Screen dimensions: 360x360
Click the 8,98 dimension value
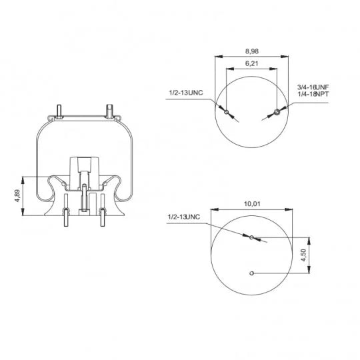click(252, 51)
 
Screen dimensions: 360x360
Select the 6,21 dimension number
click(251, 63)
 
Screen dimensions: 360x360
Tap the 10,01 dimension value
click(252, 204)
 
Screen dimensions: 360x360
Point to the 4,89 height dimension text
click(17, 195)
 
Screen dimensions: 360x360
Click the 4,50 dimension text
click(303, 255)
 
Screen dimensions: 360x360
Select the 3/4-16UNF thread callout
click(313, 87)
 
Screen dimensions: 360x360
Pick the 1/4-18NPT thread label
click(313, 94)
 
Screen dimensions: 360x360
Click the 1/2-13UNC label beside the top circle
click(186, 93)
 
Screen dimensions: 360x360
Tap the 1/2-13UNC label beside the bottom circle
click(184, 217)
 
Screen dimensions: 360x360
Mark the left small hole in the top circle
click(227, 112)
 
